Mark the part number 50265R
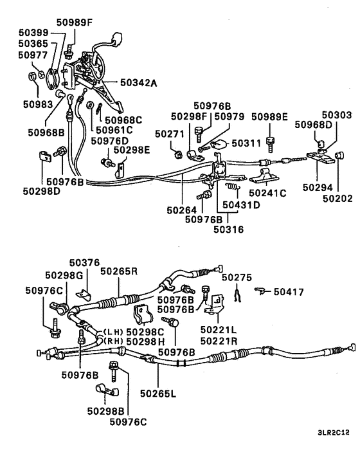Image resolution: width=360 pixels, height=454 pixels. point(119,271)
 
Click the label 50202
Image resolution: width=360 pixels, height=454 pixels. point(337,199)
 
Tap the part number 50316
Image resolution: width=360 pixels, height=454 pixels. point(229,228)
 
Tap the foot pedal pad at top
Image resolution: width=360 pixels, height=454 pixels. point(117,37)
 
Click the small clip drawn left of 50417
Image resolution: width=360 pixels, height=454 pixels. point(260,291)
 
